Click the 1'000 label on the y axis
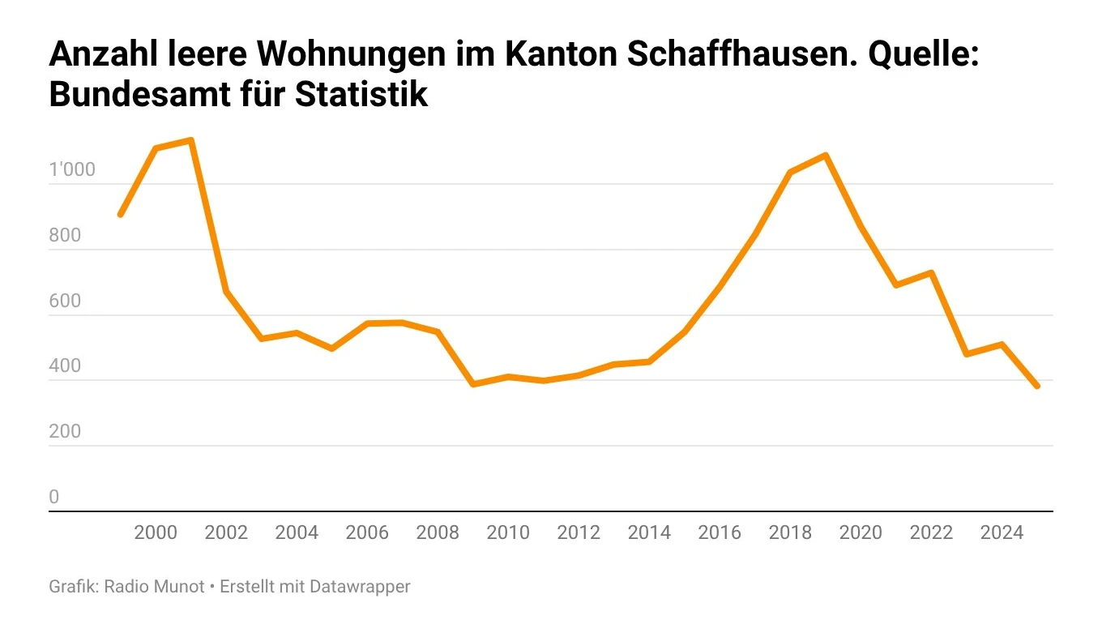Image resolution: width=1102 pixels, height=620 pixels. point(72,170)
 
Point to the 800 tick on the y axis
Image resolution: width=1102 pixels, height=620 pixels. point(66,236)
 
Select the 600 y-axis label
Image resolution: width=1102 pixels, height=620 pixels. point(66,301)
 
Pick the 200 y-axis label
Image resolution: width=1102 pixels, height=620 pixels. point(66,431)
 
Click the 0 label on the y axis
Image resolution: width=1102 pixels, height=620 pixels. point(54,497)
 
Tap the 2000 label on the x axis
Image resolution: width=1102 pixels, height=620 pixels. point(156,532)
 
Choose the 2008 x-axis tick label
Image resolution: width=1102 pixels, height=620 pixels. point(438,532)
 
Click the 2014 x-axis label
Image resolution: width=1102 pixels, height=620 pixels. point(649,532)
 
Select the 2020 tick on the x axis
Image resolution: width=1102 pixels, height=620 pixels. point(861,532)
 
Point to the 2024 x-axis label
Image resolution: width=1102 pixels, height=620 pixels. point(1002,532)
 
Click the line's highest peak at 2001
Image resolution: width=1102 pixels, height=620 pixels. point(190,140)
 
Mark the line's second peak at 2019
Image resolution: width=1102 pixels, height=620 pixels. point(825,155)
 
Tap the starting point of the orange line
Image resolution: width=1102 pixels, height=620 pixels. point(120,215)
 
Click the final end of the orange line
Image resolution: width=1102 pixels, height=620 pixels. point(1036,387)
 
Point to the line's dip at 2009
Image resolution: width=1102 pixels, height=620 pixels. point(472,384)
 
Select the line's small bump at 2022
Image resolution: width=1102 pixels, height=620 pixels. point(931,272)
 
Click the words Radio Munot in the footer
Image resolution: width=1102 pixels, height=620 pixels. point(155,586)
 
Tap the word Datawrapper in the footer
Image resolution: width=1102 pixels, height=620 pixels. point(361,586)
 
